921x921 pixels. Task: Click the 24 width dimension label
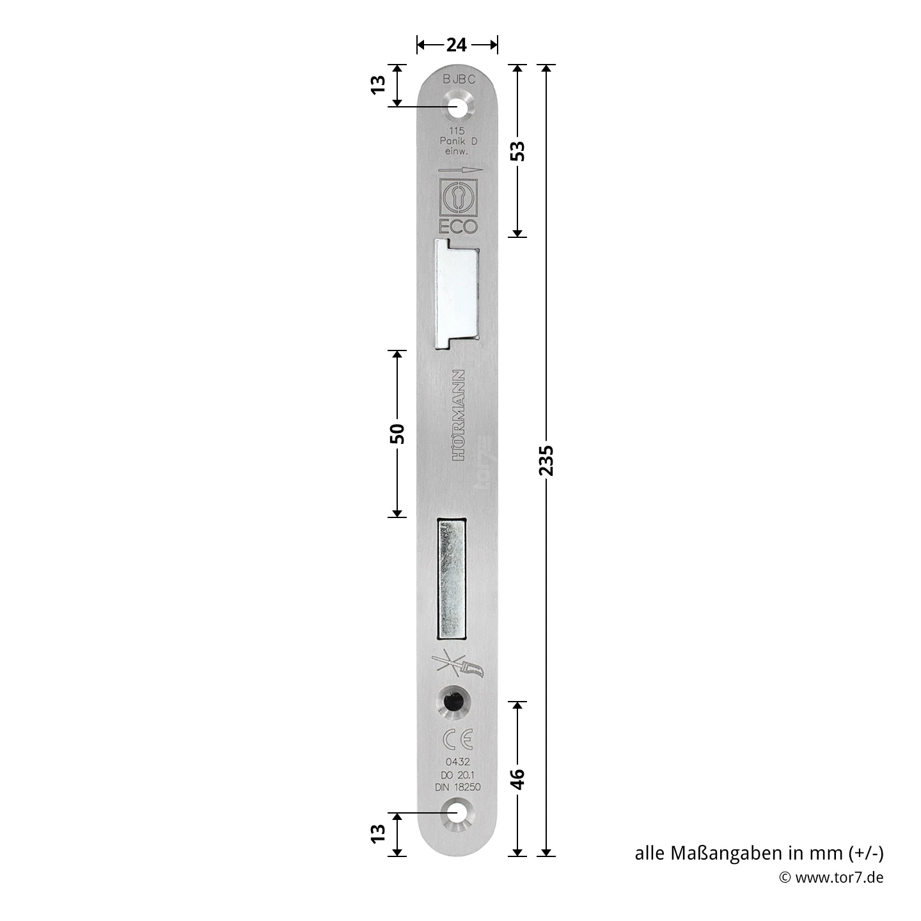[x=457, y=44]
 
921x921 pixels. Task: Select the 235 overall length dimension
[x=546, y=460]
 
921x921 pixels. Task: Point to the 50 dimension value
[x=397, y=434]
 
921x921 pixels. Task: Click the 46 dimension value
[x=518, y=778]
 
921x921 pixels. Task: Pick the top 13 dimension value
[x=378, y=84]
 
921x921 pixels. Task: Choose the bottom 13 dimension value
[x=378, y=832]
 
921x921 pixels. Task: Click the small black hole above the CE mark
[x=453, y=702]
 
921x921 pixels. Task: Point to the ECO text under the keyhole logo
[x=457, y=226]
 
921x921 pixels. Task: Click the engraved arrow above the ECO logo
[x=459, y=170]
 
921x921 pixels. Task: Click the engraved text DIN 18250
[x=457, y=787]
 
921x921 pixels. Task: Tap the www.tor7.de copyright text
[x=832, y=877]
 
